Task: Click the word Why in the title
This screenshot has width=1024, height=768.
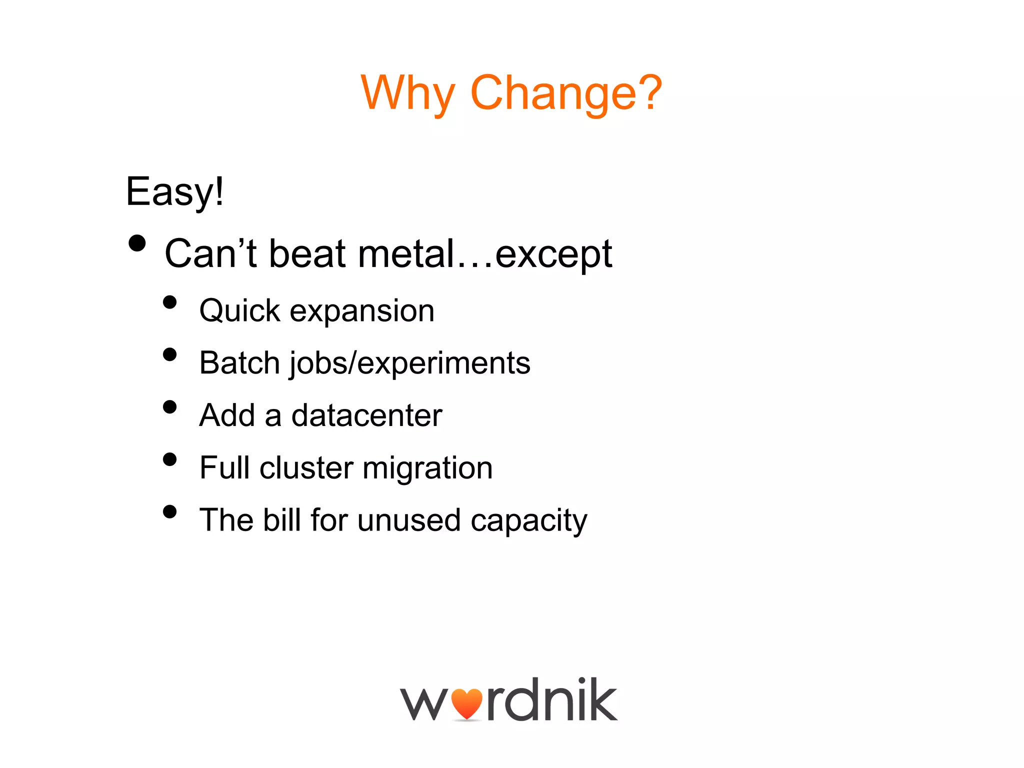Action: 407,93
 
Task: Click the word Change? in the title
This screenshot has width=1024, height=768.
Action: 566,92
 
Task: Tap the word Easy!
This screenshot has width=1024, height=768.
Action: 174,191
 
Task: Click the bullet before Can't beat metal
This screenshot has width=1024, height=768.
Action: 137,244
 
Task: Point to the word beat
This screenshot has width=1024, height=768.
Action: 307,253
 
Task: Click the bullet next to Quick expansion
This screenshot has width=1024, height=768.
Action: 170,302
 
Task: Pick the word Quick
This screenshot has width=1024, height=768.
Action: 239,311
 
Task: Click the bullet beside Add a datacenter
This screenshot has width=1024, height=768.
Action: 170,407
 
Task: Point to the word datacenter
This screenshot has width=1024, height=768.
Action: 366,415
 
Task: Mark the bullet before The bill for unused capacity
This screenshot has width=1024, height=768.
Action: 170,511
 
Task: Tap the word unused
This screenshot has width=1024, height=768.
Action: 408,520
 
